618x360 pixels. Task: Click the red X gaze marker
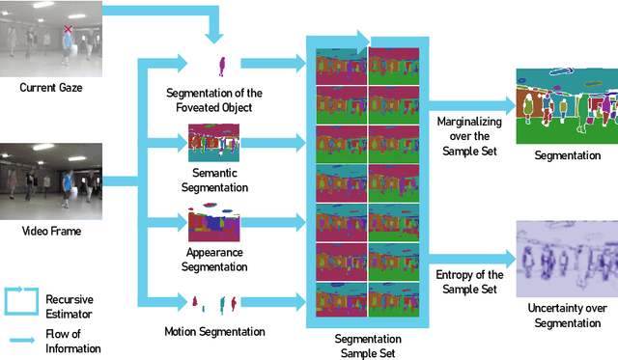click(68, 32)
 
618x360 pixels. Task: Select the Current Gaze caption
click(50, 88)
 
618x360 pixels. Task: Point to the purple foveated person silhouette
click(221, 66)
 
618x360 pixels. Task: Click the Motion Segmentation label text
click(213, 331)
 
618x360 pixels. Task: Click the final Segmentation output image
click(566, 105)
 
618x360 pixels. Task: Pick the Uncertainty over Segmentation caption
click(566, 316)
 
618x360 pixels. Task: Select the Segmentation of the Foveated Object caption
click(221, 99)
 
